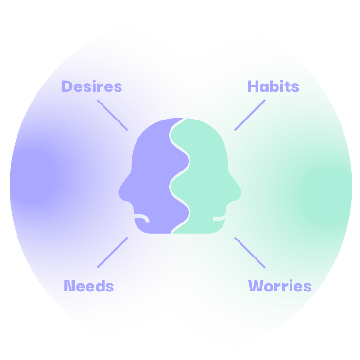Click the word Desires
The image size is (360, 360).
(91, 86)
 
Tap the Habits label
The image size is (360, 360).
(274, 86)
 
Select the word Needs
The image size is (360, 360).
(88, 286)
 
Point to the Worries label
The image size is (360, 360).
(280, 286)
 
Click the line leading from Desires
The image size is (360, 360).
(112, 115)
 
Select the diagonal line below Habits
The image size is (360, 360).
(250, 115)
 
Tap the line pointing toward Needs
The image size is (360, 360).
(112, 252)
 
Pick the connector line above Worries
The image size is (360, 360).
(250, 252)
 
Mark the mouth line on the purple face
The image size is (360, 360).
(143, 217)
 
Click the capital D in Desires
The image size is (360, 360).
(67, 86)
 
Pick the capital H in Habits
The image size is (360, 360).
(253, 86)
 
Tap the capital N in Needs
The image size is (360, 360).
(69, 286)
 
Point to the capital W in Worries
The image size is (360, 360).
(256, 286)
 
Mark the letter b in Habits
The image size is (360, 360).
(275, 86)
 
